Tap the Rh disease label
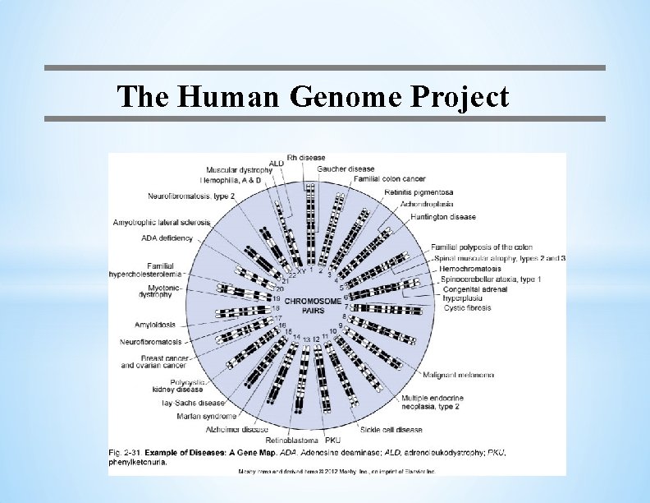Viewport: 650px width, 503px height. (x=306, y=158)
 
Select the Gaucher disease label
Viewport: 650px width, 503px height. (x=346, y=169)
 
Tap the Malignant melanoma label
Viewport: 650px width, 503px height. (x=458, y=375)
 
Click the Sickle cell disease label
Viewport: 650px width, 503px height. (x=391, y=430)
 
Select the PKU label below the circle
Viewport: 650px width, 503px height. (x=332, y=441)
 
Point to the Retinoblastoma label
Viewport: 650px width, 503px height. (x=291, y=441)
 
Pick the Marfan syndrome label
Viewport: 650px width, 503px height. (x=206, y=416)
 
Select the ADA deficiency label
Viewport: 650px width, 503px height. (x=167, y=238)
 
